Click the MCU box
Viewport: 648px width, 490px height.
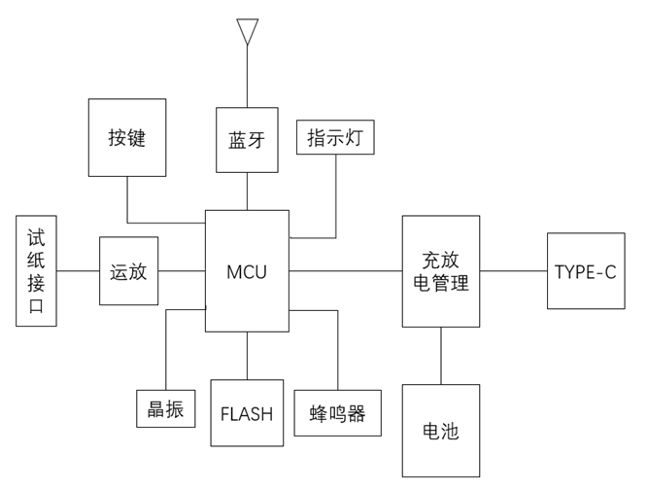(x=247, y=271)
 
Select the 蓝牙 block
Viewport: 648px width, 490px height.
(x=247, y=140)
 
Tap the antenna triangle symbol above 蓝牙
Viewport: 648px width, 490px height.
(x=247, y=30)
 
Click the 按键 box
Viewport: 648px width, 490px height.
(x=127, y=137)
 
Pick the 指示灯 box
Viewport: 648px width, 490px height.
(x=335, y=137)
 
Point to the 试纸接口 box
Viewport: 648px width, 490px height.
(x=36, y=270)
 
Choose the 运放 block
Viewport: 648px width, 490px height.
(x=128, y=271)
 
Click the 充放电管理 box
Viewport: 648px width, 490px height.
(x=441, y=271)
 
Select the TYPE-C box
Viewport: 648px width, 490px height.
(x=585, y=271)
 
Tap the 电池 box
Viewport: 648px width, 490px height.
(x=441, y=431)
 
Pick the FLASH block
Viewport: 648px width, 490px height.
(x=247, y=413)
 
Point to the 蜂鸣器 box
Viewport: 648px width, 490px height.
(x=337, y=413)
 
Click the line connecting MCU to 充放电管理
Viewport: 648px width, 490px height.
(x=345, y=270)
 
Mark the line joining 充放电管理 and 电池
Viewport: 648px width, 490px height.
(x=441, y=356)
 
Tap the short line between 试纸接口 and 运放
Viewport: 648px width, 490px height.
(x=78, y=270)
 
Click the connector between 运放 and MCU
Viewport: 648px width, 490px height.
(x=182, y=270)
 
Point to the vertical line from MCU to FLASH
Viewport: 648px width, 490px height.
(x=247, y=356)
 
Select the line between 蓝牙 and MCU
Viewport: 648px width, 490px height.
(x=247, y=192)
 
